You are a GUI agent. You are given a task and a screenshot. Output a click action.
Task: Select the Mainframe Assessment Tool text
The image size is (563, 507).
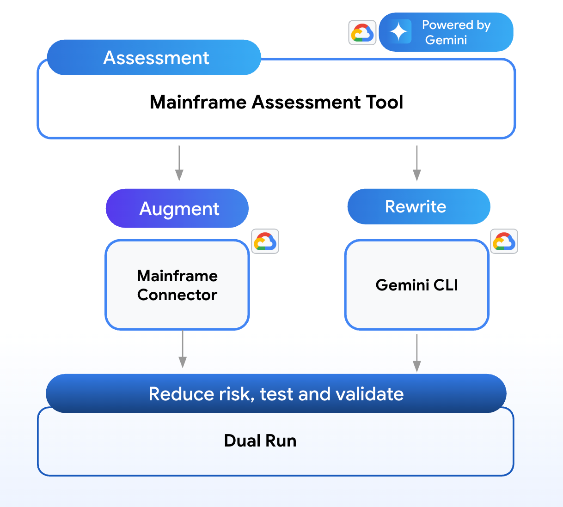click(x=276, y=102)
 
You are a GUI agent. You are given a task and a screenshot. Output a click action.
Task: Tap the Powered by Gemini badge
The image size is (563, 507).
click(x=446, y=32)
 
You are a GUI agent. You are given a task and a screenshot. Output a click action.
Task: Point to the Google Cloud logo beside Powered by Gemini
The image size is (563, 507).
click(x=362, y=33)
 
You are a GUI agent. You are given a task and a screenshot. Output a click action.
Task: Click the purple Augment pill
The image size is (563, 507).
click(x=177, y=209)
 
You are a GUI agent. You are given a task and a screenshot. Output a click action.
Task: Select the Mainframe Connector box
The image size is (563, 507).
click(x=177, y=285)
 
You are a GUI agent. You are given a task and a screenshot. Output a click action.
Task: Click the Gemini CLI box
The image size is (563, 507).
click(x=416, y=285)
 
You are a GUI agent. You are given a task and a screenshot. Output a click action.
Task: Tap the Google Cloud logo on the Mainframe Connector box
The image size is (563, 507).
click(x=265, y=241)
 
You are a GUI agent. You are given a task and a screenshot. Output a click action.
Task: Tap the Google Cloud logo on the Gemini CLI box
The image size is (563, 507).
click(x=504, y=241)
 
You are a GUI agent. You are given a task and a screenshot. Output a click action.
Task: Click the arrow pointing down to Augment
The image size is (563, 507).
click(x=179, y=163)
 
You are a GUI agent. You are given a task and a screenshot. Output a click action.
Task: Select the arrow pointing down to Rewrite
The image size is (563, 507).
click(x=417, y=163)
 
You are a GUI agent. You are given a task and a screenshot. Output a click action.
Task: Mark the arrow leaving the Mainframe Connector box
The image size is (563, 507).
click(x=183, y=350)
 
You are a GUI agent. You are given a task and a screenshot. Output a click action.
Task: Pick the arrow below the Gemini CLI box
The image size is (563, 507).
click(x=417, y=353)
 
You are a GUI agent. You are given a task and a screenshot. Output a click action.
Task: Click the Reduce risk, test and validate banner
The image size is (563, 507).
click(x=276, y=394)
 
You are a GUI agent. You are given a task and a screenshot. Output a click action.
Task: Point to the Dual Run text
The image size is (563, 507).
click(x=260, y=441)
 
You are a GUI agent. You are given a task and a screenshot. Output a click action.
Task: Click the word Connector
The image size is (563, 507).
click(x=177, y=295)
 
